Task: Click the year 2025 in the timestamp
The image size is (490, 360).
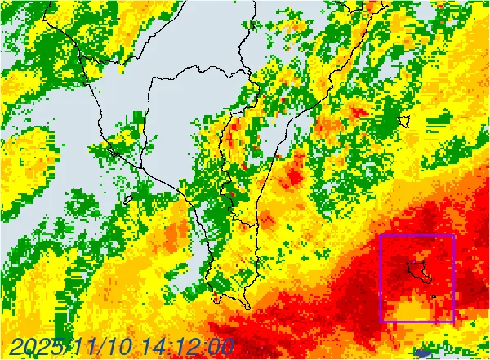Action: click(38, 347)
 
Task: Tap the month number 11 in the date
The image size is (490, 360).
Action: click(91, 347)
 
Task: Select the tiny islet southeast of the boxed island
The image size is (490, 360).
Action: click(434, 295)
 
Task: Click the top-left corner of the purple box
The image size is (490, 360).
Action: click(381, 235)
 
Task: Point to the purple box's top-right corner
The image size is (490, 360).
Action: click(453, 235)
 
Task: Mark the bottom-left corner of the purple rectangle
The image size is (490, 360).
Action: click(381, 322)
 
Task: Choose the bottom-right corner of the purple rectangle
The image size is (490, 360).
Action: click(453, 322)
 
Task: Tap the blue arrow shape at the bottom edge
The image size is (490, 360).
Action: click(424, 353)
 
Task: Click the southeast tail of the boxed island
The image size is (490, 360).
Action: click(430, 281)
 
